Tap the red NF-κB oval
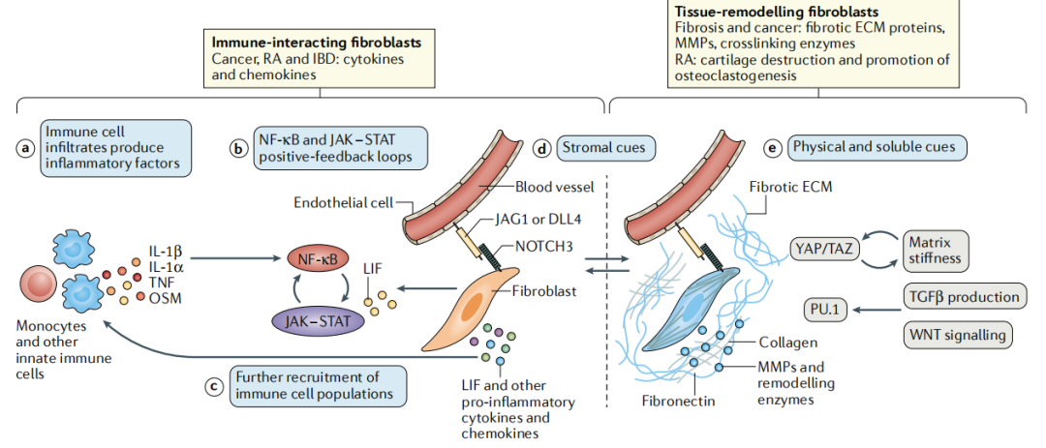tap(318, 258)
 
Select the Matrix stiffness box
tap(937, 250)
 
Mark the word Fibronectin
tap(677, 398)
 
